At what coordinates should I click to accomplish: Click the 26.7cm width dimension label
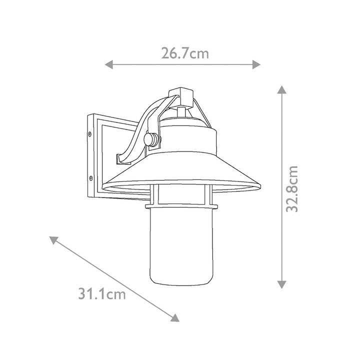(x=185, y=53)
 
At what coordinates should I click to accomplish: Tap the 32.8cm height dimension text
(x=292, y=188)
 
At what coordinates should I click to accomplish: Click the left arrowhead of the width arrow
(x=109, y=64)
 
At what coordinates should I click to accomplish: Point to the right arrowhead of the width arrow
(x=256, y=64)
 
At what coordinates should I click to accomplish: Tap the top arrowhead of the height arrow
(x=281, y=89)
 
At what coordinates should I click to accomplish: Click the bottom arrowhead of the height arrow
(x=281, y=284)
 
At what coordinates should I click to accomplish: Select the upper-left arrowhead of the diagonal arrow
(x=53, y=240)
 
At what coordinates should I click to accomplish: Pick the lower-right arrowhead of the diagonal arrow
(x=175, y=317)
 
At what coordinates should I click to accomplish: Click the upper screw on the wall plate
(x=90, y=133)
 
